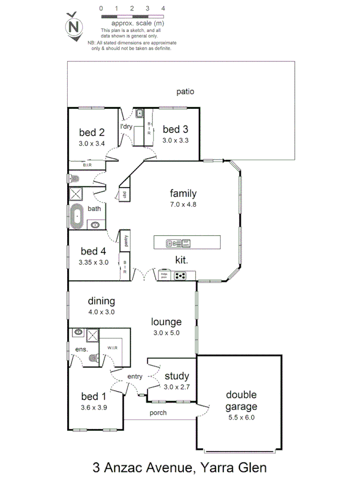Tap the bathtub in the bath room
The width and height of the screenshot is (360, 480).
pyautogui.click(x=76, y=217)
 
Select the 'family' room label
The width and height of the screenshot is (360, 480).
pyautogui.click(x=183, y=194)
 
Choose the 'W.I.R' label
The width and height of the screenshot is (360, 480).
pyautogui.click(x=112, y=348)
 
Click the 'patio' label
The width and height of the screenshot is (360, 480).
pyautogui.click(x=185, y=91)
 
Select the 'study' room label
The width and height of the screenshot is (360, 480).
pyautogui.click(x=177, y=377)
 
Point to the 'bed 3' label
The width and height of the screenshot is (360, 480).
pyautogui.click(x=175, y=129)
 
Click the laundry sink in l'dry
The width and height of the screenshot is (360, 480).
pyautogui.click(x=139, y=113)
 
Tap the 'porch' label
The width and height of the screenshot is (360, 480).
pyautogui.click(x=158, y=412)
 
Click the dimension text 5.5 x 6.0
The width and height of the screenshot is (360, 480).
pyautogui.click(x=241, y=418)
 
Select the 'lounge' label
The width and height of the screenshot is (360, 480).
pyautogui.click(x=166, y=322)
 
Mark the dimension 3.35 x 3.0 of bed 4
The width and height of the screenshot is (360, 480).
pyautogui.click(x=93, y=262)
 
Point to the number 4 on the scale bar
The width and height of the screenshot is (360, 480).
pyautogui.click(x=163, y=9)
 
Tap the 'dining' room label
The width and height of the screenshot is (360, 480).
pyautogui.click(x=102, y=301)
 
